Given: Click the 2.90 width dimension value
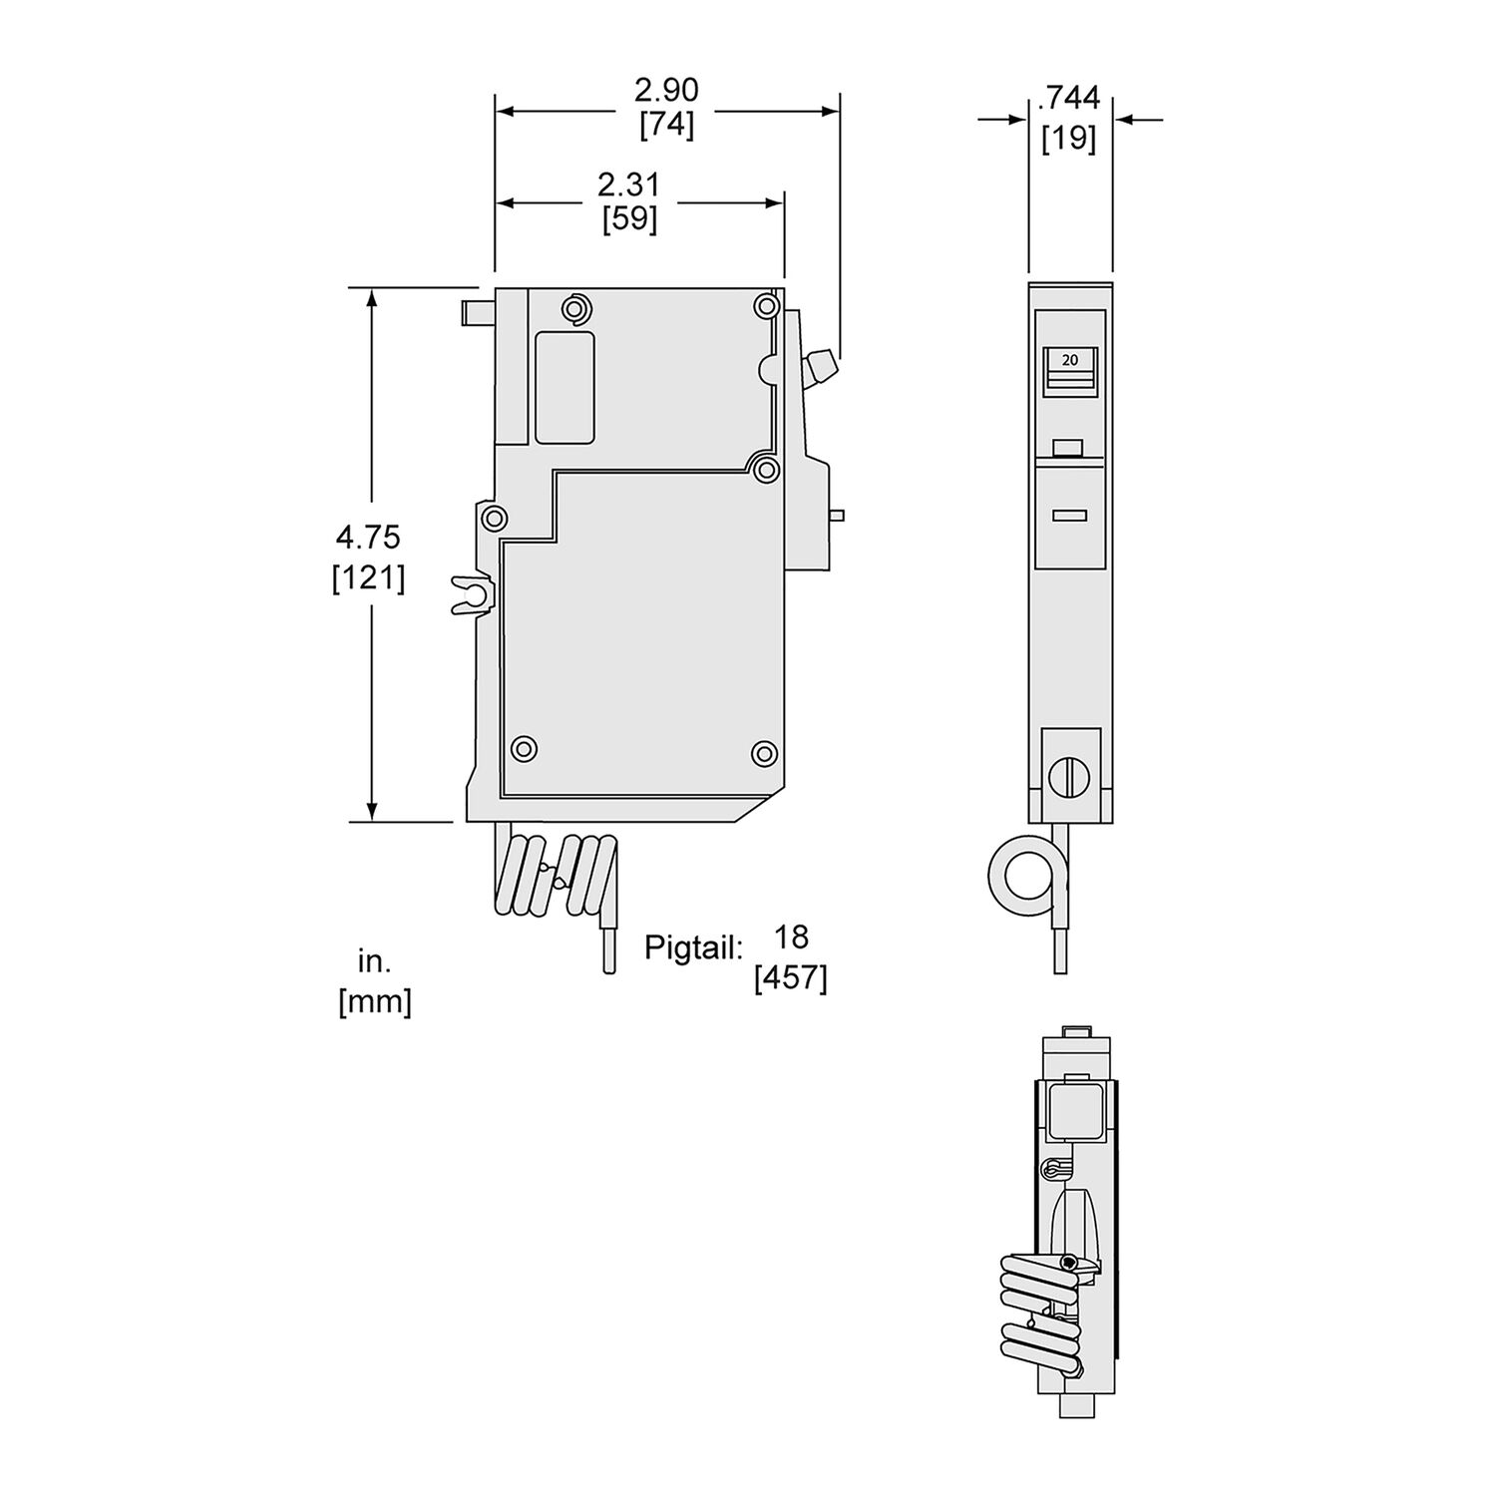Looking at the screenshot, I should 666,91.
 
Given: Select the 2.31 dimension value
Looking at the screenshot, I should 628,185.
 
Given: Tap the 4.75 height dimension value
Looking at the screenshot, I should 368,538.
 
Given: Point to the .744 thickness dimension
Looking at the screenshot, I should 1069,98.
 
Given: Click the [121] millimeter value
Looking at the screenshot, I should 368,577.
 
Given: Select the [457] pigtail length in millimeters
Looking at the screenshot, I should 791,978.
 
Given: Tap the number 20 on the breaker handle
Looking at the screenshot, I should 1069,360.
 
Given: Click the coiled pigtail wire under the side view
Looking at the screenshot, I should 554,875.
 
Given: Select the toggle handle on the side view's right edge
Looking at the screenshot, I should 821,367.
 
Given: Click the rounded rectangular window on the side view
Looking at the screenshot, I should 565,387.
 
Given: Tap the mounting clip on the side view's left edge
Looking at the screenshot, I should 471,594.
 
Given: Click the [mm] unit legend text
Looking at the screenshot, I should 375,1001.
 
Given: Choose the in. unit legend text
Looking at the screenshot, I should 375,961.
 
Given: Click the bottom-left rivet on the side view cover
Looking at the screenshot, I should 523,749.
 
